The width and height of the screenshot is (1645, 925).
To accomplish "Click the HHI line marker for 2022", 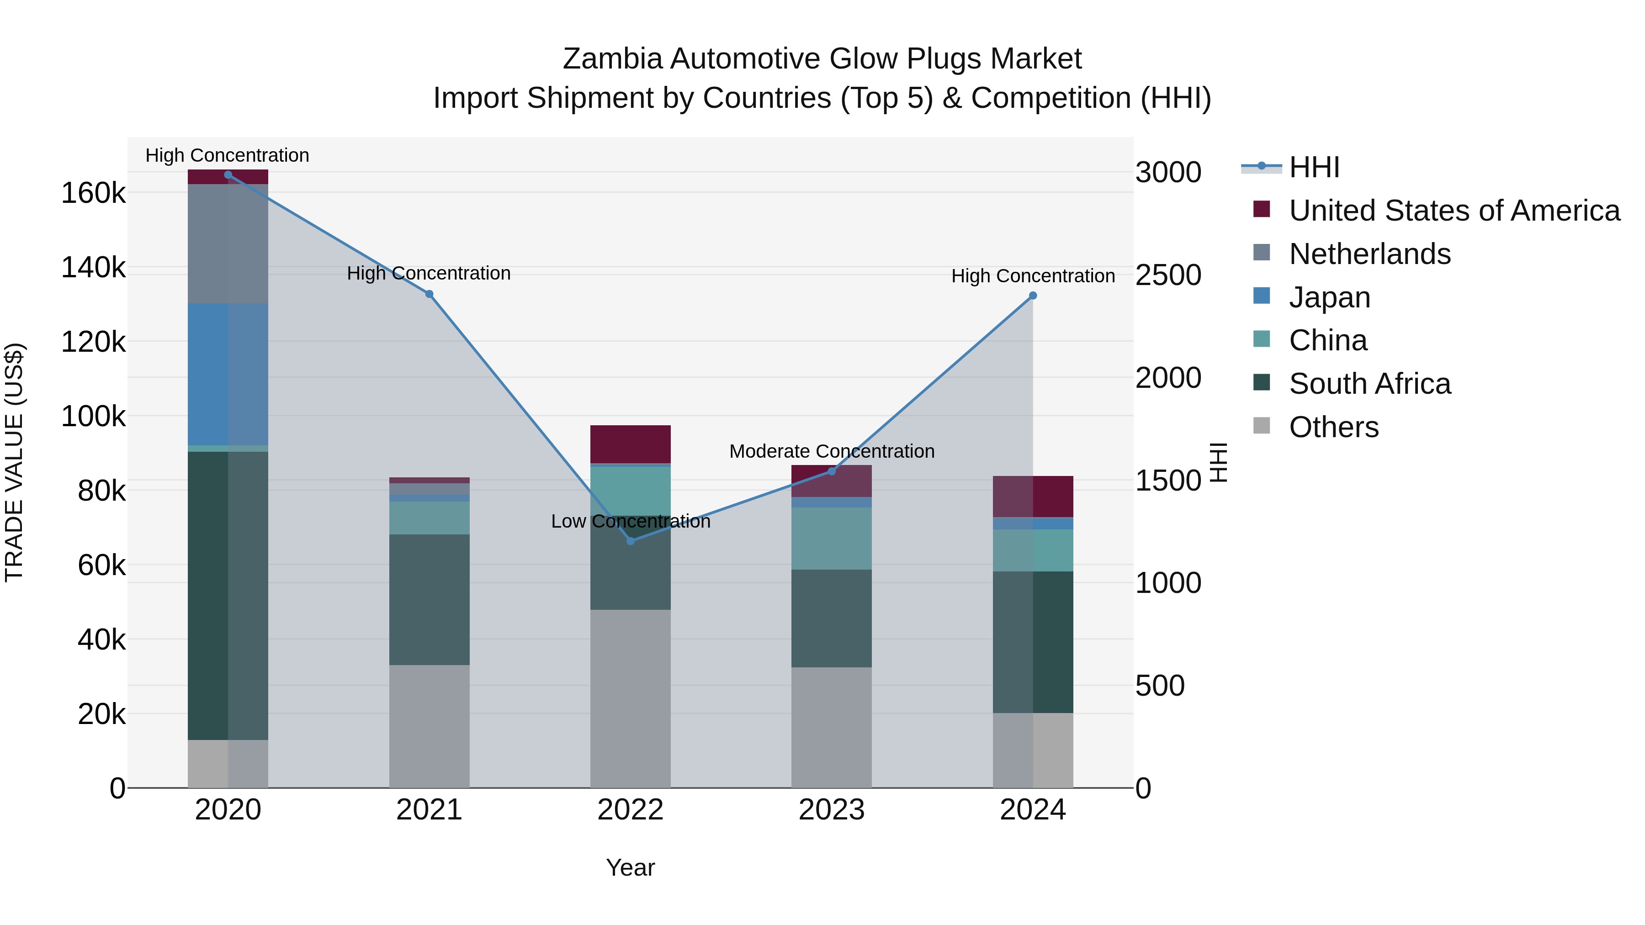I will [x=630, y=541].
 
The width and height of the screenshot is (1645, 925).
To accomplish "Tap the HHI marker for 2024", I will [x=1033, y=296].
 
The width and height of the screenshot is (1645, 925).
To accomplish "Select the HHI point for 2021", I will [x=429, y=294].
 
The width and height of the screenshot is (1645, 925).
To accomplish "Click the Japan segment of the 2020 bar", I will [x=228, y=374].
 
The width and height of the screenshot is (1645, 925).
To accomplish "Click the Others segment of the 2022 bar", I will [x=630, y=698].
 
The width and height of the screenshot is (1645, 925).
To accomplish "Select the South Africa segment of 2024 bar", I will [x=1033, y=642].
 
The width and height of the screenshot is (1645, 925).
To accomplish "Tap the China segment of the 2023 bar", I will [x=832, y=538].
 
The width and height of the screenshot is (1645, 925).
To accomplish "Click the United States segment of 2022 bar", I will [x=630, y=444].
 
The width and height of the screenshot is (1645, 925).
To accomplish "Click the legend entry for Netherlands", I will [x=1369, y=254].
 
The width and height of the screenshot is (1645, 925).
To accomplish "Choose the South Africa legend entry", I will [x=1369, y=384].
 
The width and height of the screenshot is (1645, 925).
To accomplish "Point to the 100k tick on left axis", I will [x=94, y=416].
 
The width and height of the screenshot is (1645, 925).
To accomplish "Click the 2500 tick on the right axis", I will [x=1168, y=275].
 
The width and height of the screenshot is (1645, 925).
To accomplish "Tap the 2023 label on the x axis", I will [x=832, y=810].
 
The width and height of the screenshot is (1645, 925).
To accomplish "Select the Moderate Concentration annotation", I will [x=832, y=451].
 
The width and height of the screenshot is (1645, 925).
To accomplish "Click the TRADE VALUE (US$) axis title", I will [x=14, y=462].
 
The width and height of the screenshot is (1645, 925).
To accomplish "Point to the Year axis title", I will [x=630, y=867].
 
